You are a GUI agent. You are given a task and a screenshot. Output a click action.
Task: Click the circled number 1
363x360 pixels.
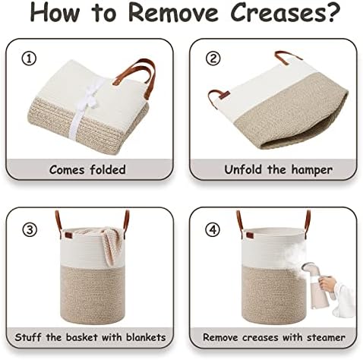[x=30, y=58]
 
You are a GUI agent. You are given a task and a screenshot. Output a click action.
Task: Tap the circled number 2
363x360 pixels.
[x=213, y=58]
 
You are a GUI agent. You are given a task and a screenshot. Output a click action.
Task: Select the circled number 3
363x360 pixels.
[x=30, y=230]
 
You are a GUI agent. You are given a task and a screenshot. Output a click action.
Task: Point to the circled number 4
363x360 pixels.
[x=213, y=230]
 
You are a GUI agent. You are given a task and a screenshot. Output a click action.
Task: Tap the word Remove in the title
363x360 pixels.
[x=173, y=13]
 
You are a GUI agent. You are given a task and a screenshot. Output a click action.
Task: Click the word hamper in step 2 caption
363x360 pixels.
[x=311, y=170]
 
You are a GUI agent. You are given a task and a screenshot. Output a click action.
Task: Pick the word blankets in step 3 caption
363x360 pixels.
[x=146, y=337]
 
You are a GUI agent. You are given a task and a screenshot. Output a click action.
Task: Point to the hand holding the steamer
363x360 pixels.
[x=327, y=284]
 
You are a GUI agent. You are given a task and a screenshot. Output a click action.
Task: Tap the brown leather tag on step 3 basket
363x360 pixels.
[x=68, y=235]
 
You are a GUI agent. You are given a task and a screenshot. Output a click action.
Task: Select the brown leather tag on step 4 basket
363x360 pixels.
[x=249, y=235]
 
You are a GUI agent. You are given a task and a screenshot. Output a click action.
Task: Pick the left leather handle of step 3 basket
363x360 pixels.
[x=58, y=223]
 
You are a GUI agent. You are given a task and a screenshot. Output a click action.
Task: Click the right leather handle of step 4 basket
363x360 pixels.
[x=308, y=220]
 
